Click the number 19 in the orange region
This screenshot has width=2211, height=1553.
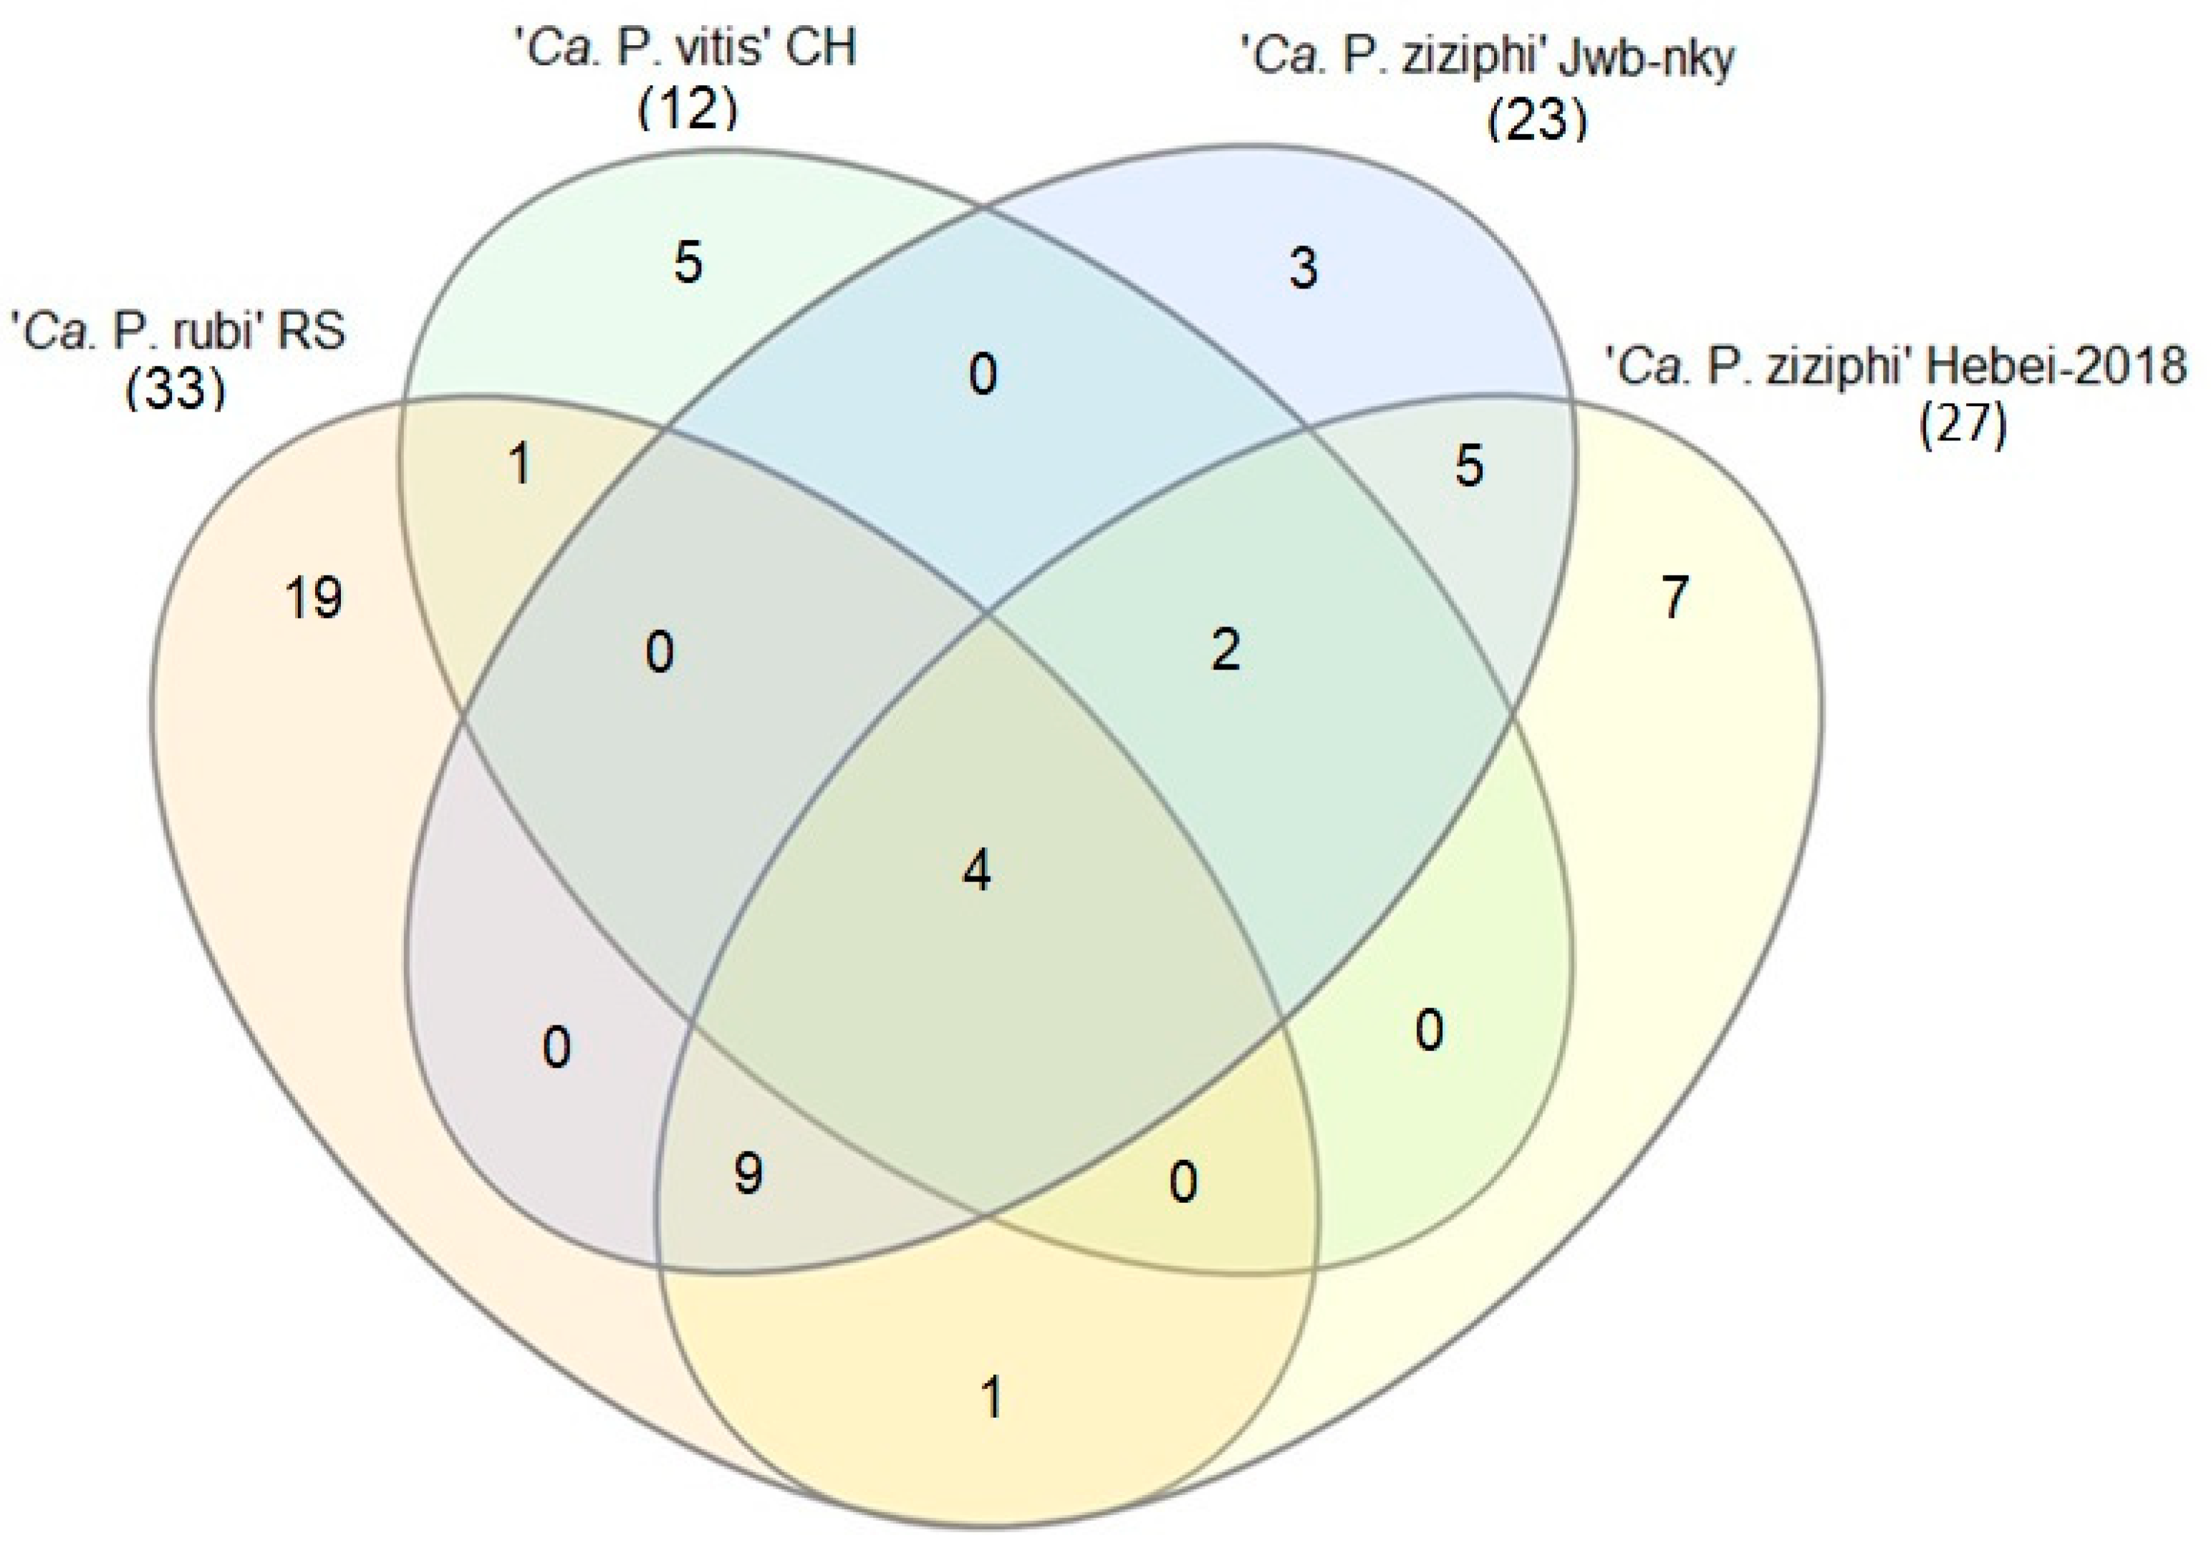click(x=314, y=598)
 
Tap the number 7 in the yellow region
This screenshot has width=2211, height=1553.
click(x=1675, y=597)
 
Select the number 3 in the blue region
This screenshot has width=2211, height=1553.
click(x=1303, y=268)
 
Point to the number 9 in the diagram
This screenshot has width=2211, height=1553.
click(x=748, y=1173)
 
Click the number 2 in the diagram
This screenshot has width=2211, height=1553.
click(x=1226, y=650)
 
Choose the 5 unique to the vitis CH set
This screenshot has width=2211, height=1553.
click(x=688, y=262)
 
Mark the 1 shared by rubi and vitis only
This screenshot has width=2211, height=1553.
click(x=520, y=464)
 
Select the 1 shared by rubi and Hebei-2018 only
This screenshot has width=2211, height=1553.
click(x=992, y=1396)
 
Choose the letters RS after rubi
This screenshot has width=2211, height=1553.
click(x=311, y=332)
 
